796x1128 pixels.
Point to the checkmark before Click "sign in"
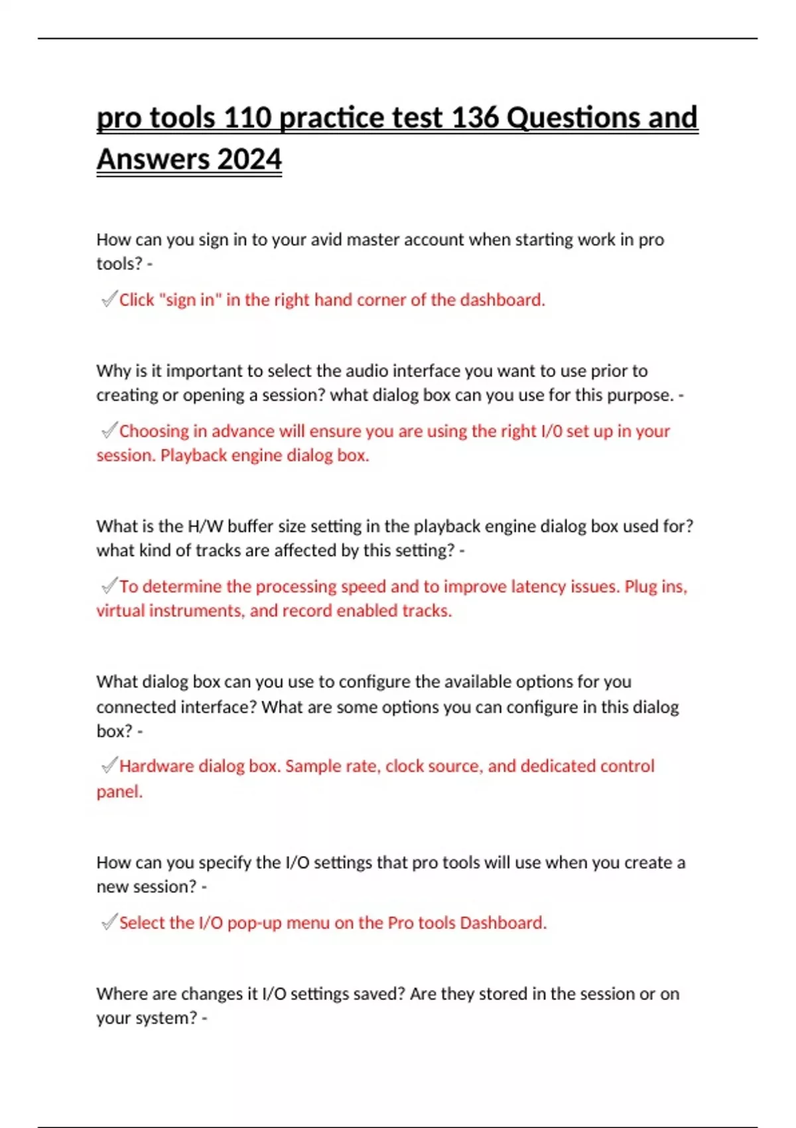[109, 299]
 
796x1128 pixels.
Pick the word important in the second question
[207, 370]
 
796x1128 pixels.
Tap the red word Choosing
[154, 431]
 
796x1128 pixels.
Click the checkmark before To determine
[109, 586]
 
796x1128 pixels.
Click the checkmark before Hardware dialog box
[109, 766]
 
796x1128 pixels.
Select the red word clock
[405, 766]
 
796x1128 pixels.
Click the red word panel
[119, 792]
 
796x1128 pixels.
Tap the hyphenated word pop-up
[254, 923]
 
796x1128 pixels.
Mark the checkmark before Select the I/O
[109, 922]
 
